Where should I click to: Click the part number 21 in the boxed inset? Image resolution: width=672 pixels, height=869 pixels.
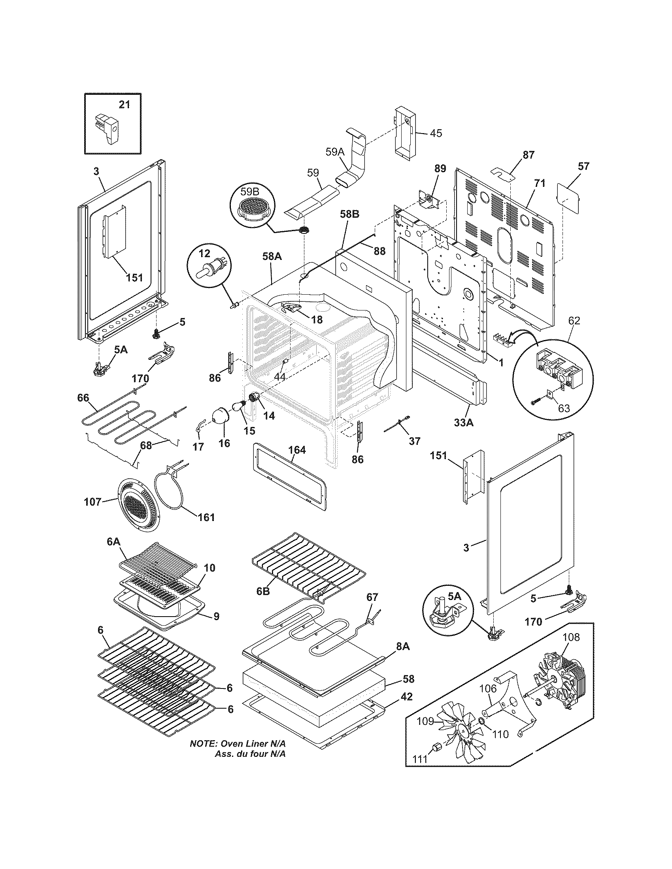[124, 105]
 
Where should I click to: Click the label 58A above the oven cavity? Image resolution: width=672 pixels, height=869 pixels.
[272, 257]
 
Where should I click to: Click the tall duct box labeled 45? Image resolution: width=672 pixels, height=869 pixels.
[405, 134]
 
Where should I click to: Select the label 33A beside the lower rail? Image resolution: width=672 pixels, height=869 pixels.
[464, 423]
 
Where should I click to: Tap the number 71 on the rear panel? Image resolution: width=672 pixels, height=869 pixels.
[540, 183]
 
